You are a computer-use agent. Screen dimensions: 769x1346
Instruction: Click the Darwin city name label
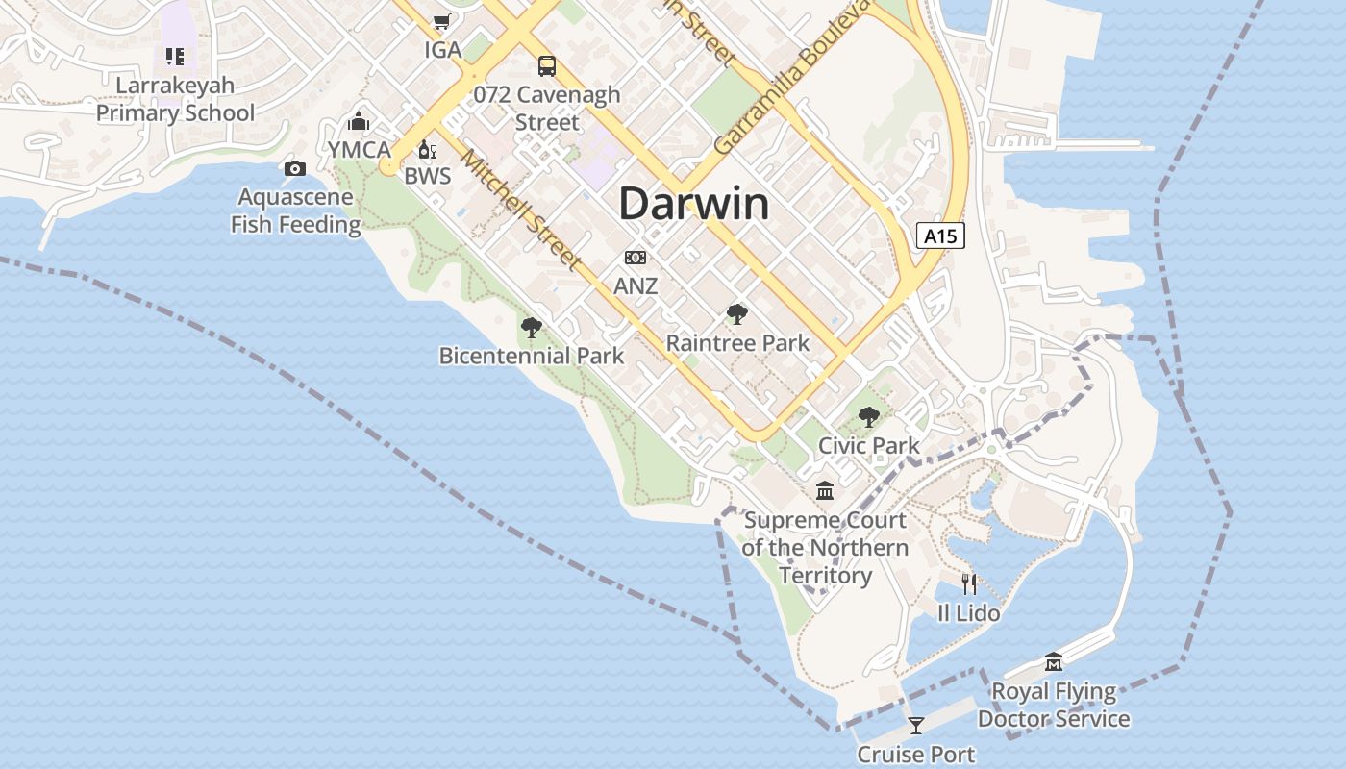(x=693, y=204)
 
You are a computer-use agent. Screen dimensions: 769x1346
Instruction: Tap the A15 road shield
(x=939, y=236)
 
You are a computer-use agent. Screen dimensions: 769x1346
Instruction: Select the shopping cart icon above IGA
(x=441, y=21)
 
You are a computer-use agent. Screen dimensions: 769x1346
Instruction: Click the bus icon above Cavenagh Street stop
(x=547, y=65)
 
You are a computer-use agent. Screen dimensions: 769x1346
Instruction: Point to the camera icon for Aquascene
(x=295, y=169)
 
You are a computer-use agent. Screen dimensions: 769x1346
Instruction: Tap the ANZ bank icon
(x=636, y=258)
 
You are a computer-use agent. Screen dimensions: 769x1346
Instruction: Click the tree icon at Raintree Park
(x=737, y=313)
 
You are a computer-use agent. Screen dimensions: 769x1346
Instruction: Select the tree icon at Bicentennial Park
(x=531, y=327)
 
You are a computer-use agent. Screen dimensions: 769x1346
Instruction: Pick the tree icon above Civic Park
(x=869, y=416)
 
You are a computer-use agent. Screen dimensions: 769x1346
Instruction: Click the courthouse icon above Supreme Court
(x=825, y=491)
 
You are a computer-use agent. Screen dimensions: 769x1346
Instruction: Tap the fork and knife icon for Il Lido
(x=969, y=583)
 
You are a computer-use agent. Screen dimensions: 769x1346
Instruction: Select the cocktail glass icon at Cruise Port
(x=916, y=725)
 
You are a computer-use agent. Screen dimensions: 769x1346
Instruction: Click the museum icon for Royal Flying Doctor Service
(x=1054, y=662)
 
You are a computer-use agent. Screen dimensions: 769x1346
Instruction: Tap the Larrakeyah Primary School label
(x=175, y=99)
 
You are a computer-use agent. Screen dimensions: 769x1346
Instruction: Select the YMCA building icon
(x=359, y=121)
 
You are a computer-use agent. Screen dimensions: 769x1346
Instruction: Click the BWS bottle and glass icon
(x=428, y=149)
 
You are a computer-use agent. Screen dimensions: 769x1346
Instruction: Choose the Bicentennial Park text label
(x=532, y=356)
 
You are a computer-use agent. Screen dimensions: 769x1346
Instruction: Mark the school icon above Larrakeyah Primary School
(x=174, y=57)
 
